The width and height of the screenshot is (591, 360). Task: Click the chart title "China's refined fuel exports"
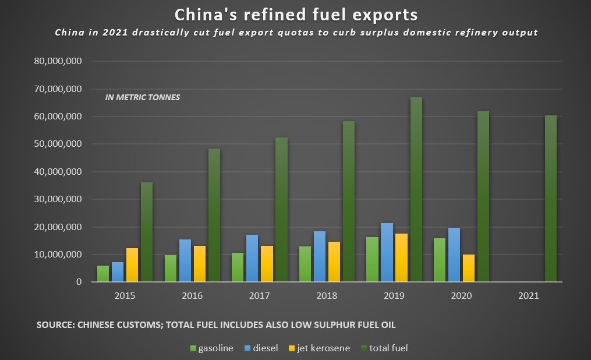point(296,13)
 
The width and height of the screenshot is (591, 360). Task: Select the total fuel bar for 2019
point(416,189)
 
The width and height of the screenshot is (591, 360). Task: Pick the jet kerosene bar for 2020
point(469,268)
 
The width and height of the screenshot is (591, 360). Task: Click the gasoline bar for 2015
point(103,274)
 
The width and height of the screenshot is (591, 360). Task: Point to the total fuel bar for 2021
point(551,199)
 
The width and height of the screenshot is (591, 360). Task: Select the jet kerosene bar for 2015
point(132,265)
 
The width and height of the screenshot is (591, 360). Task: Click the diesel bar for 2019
point(387,252)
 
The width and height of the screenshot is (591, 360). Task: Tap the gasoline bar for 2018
point(305,264)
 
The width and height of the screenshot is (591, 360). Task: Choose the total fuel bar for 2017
point(282,210)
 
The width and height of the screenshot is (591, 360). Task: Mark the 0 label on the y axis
point(78,282)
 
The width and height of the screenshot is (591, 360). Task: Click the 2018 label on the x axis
point(327,296)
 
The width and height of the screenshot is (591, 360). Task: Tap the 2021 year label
point(529,296)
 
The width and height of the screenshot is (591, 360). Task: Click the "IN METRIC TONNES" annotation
point(143,97)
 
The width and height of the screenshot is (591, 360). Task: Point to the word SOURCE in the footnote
point(54,324)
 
